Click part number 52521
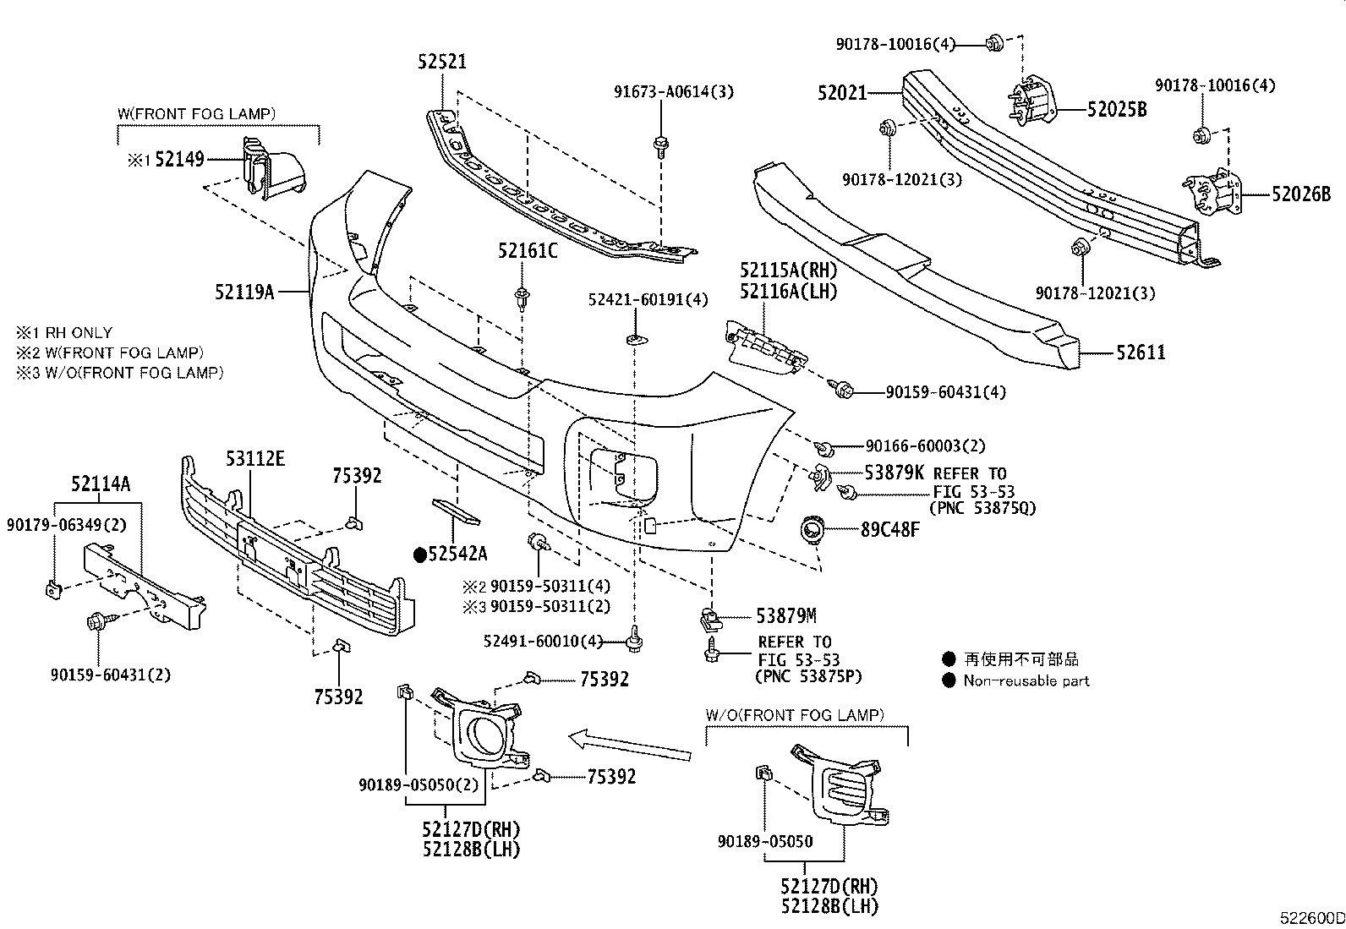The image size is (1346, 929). point(441,62)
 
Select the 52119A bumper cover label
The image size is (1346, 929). point(243,292)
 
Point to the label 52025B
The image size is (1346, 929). point(1117,109)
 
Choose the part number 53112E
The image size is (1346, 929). point(254,459)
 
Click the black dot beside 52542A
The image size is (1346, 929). point(419,555)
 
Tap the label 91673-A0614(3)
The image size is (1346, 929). point(673,92)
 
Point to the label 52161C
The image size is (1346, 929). point(528,250)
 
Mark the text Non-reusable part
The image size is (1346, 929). point(1026,680)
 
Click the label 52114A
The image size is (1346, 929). point(101,484)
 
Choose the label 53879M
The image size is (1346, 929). point(785,615)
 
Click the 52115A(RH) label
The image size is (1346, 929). point(787,271)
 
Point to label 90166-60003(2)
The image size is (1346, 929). point(925,445)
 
